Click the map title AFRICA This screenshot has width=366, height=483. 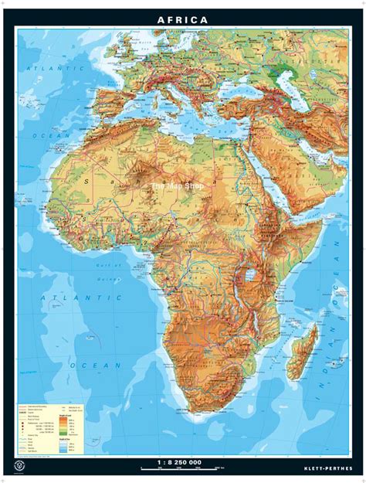(x=182, y=19)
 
